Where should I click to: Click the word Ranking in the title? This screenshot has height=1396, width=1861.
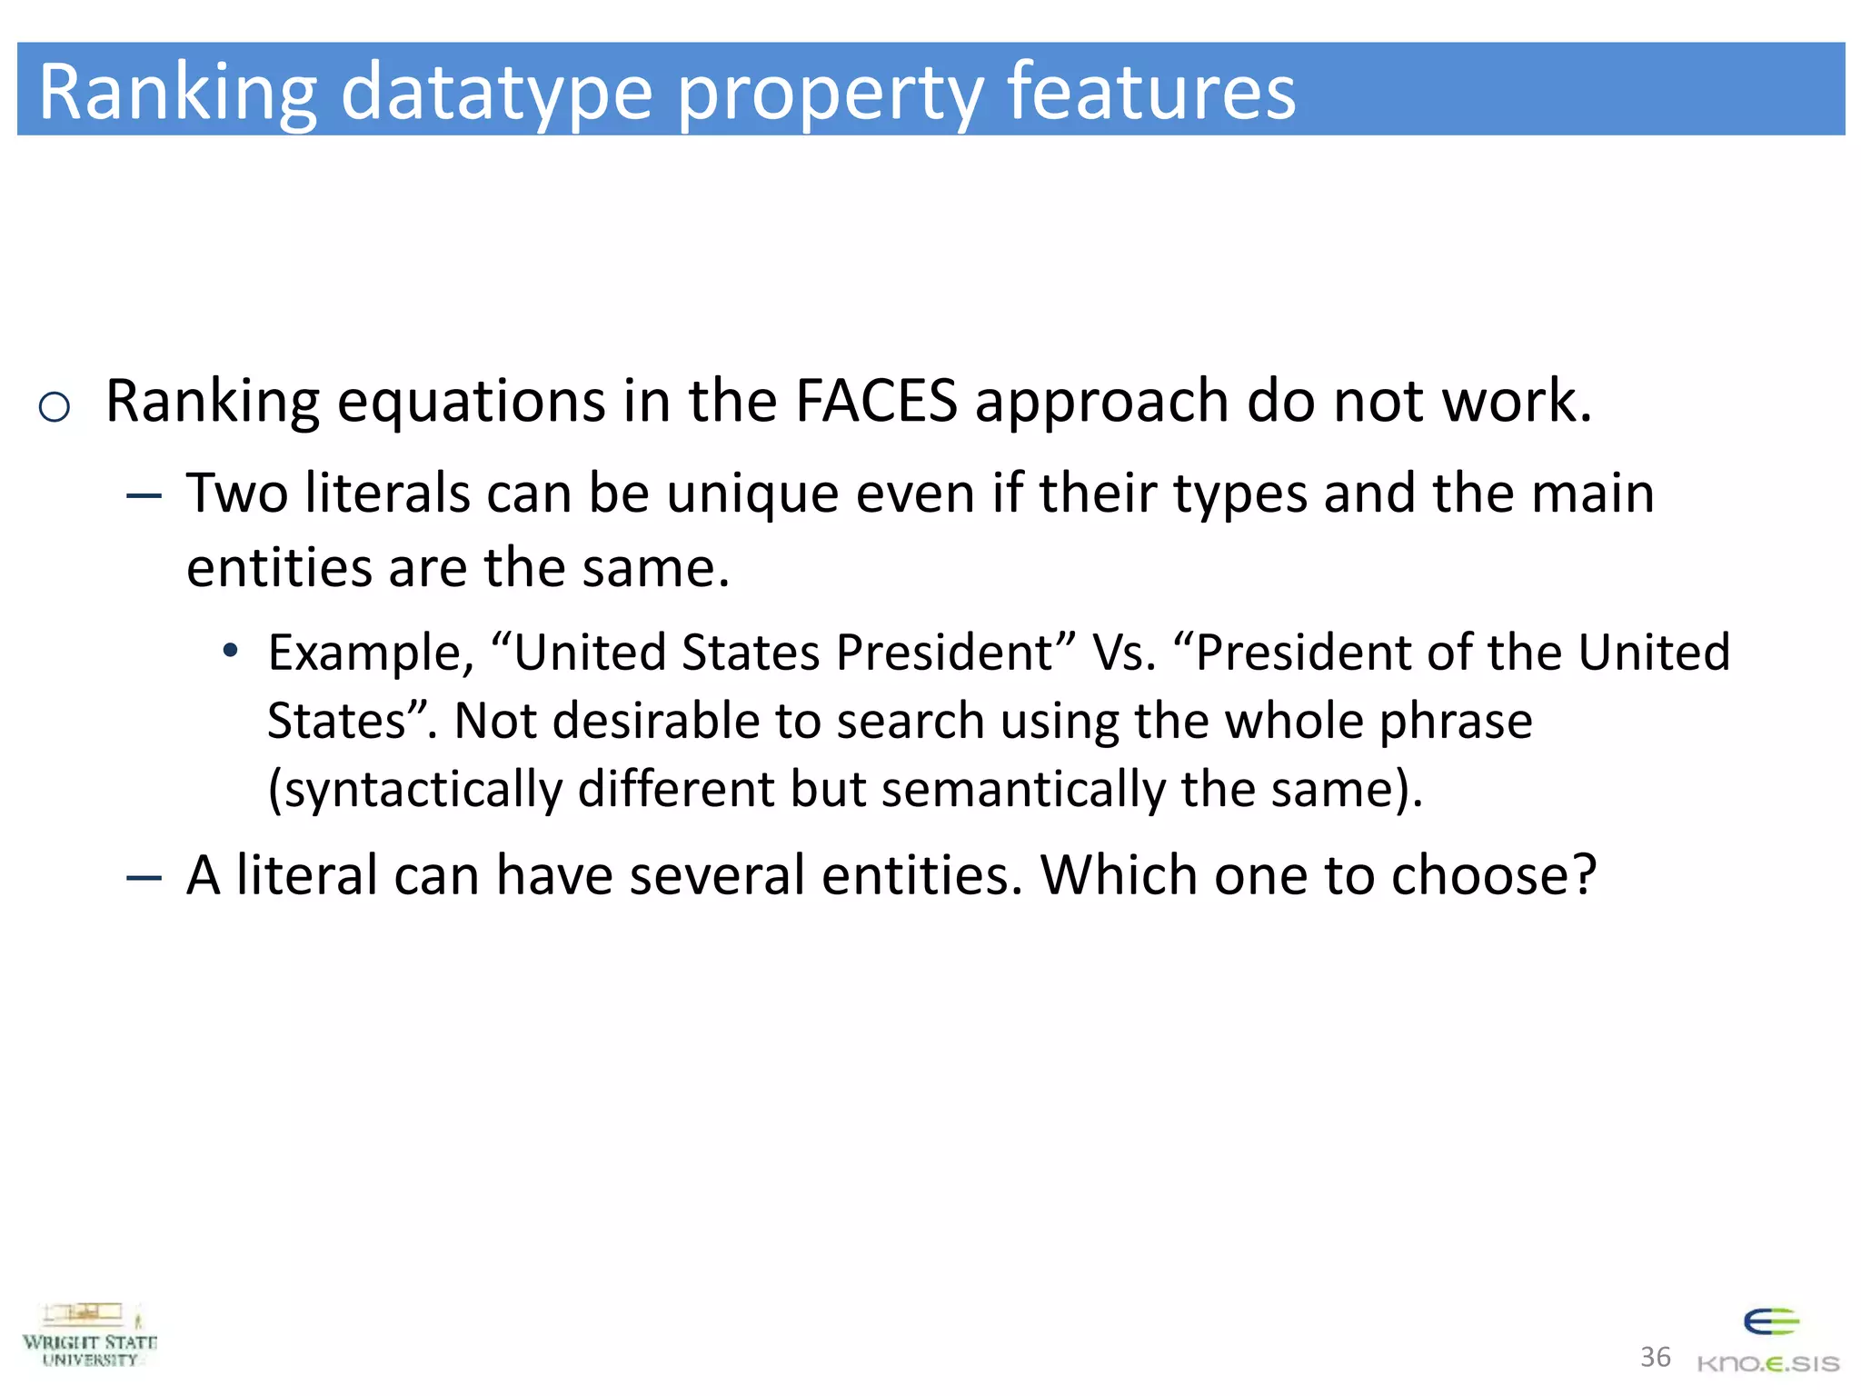(x=178, y=92)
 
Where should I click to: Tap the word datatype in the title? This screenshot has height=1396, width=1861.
(x=496, y=92)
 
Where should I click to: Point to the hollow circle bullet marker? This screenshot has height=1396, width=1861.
(x=55, y=406)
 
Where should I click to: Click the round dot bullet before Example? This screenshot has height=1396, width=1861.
(x=231, y=651)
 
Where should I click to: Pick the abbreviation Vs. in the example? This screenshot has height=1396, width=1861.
(x=1125, y=653)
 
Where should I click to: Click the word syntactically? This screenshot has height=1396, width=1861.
(x=423, y=789)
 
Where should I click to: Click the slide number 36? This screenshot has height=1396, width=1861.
(x=1655, y=1357)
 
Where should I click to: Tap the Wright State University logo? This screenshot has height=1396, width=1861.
(x=90, y=1334)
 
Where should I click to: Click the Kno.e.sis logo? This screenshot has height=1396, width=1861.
(x=1768, y=1341)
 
